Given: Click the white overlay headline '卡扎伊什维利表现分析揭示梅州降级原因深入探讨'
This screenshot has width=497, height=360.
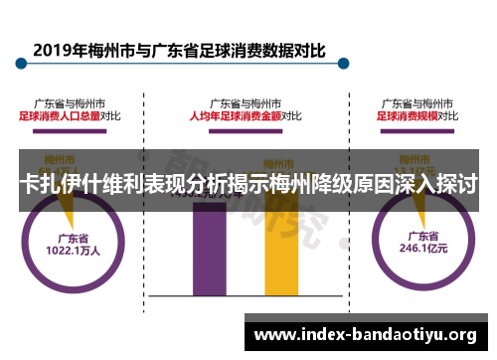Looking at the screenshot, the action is (248, 184).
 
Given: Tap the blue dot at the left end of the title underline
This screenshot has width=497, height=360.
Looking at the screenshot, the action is (18, 66).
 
